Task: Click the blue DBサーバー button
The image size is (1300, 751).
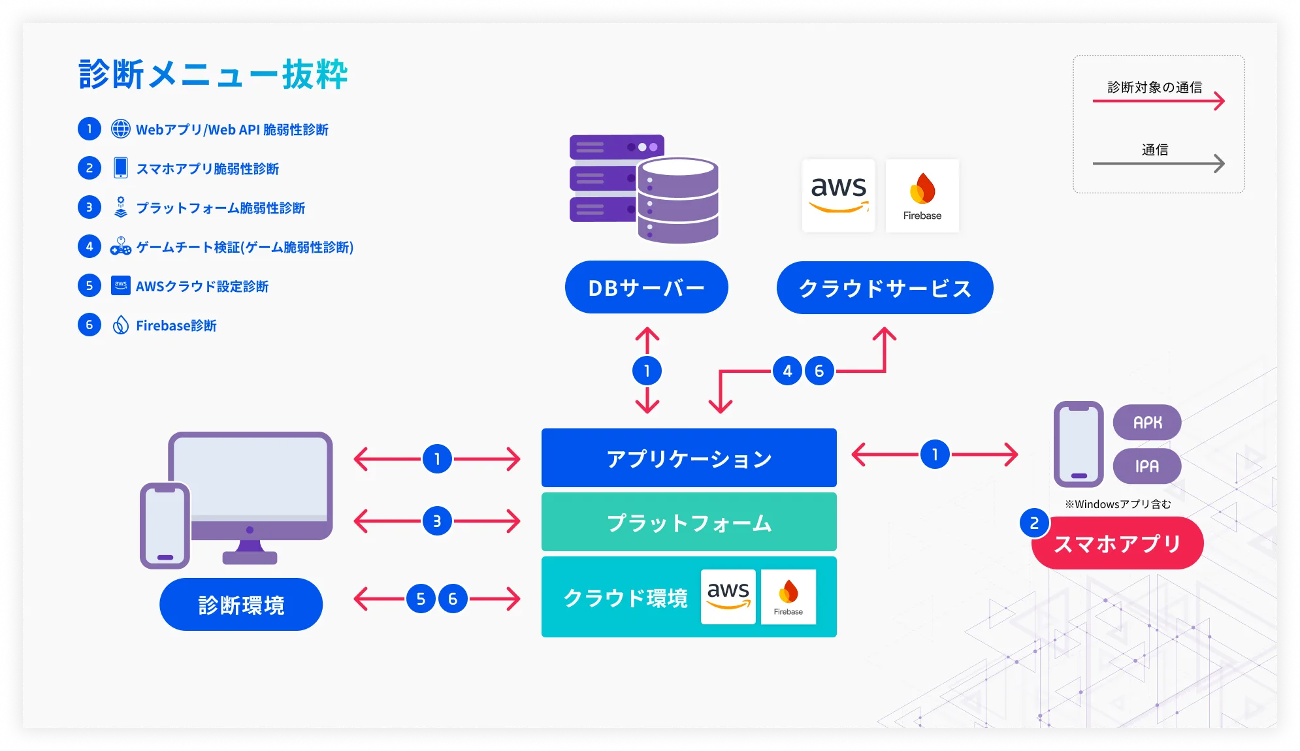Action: pyautogui.click(x=646, y=287)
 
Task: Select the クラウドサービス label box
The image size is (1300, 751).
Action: pyautogui.click(x=885, y=288)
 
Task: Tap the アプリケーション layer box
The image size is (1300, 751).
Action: pyautogui.click(x=689, y=458)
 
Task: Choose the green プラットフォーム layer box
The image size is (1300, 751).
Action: pyautogui.click(x=689, y=522)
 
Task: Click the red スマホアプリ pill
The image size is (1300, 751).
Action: pyautogui.click(x=1117, y=543)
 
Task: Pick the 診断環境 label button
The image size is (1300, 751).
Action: pyautogui.click(x=241, y=605)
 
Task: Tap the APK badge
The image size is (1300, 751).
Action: pyautogui.click(x=1147, y=423)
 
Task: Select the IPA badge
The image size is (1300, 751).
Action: pyautogui.click(x=1147, y=466)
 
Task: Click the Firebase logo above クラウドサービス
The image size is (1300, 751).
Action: pyautogui.click(x=922, y=195)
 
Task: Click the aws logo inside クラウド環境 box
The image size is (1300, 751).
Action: pyautogui.click(x=728, y=596)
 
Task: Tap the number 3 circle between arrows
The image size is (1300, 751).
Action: pyautogui.click(x=437, y=521)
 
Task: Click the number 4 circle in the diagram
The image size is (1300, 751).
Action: pyautogui.click(x=787, y=371)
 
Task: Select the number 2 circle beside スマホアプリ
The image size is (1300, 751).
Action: pyautogui.click(x=1034, y=523)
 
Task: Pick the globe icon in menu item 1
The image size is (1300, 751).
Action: pyautogui.click(x=121, y=129)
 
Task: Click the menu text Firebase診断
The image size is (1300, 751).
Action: pyautogui.click(x=176, y=325)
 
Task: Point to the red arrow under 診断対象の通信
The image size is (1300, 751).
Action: pyautogui.click(x=1158, y=101)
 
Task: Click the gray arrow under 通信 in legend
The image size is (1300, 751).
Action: pyautogui.click(x=1158, y=163)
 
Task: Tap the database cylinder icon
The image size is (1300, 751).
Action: pyautogui.click(x=677, y=200)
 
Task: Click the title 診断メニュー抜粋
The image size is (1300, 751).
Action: pyautogui.click(x=213, y=74)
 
